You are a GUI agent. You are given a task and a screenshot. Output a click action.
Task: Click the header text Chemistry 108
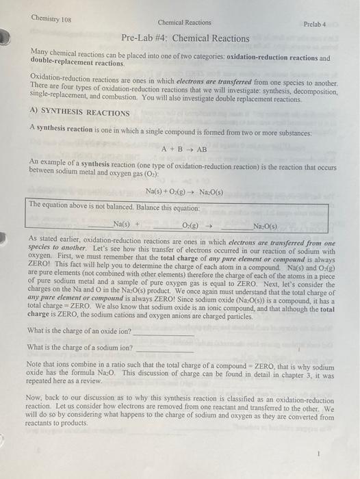[x=51, y=18]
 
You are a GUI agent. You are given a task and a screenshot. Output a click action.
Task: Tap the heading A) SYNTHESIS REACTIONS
[x=79, y=113]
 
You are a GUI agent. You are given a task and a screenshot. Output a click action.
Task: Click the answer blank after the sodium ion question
[x=165, y=348]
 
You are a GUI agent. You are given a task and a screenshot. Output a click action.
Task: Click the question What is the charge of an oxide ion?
[x=81, y=331]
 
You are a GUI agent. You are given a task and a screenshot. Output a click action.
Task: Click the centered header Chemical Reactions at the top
[x=184, y=23]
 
